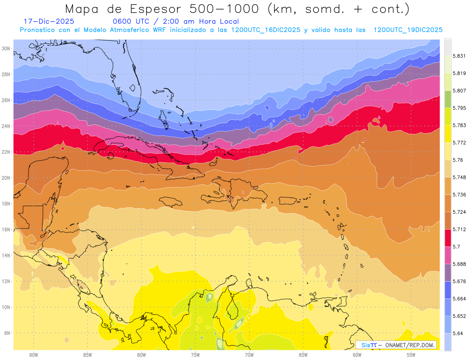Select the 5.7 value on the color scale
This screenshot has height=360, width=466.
(456, 247)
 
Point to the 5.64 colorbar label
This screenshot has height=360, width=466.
(457, 333)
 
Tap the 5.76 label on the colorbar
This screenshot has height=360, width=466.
(457, 160)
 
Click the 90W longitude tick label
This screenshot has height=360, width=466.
(33, 355)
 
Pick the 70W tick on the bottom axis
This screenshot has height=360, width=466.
(249, 355)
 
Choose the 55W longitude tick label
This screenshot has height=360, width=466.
(411, 355)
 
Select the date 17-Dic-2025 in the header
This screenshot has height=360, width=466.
(49, 21)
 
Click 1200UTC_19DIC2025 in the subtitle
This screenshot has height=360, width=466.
(408, 30)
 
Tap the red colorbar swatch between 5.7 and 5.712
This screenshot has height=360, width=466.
(448, 238)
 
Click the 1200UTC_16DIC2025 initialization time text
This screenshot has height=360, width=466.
(265, 30)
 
